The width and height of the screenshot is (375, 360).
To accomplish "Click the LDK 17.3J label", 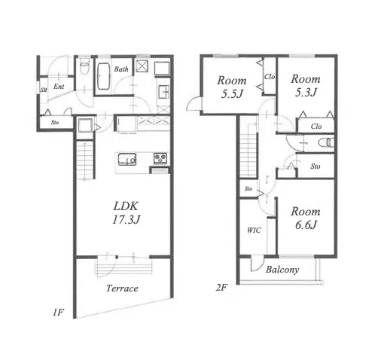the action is point(126,213).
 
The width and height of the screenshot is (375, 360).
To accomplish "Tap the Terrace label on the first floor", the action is point(122,288).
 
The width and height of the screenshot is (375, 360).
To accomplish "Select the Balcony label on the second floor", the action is point(282,270).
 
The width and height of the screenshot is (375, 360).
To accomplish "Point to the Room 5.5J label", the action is point(232,87).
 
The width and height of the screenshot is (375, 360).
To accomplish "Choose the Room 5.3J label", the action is point(306,86).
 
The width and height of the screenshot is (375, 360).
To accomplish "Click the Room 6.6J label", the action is point(306,218).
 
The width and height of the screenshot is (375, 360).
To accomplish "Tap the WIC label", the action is point(254,230).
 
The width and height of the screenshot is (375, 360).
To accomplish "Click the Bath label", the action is point(121,69).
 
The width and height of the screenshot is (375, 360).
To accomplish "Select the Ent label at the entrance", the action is point(59,87).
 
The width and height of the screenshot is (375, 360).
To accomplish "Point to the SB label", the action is point(44,90).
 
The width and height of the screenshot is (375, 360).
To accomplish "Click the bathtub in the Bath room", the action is point(103,76).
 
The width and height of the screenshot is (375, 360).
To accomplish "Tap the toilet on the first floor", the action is point(84,67).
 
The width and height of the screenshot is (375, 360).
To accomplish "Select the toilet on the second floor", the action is point(326,142).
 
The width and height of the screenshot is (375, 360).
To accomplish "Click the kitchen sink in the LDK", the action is point(127,159).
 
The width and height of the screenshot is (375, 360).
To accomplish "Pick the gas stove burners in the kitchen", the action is point(160,158).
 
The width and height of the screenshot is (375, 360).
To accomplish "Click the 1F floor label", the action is point(58,313).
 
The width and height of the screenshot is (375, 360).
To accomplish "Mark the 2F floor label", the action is point(221,288).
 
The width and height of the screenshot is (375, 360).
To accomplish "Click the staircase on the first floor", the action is point(85,160).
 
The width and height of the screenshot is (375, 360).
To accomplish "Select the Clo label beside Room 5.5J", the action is point(270,77).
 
